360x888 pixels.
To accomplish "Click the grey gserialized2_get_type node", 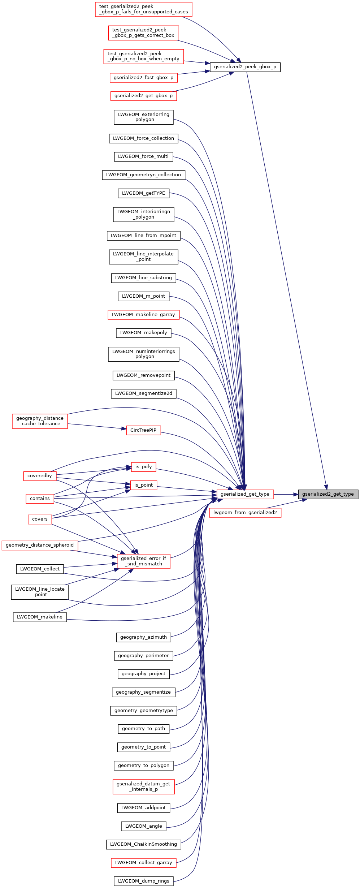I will point(328,494).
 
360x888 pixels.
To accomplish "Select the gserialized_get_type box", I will point(245,494).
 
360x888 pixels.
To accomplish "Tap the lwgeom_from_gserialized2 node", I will point(245,513).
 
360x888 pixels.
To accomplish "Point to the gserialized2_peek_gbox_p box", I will point(245,67).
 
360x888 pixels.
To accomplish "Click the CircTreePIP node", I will point(143,430).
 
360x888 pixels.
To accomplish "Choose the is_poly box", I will point(143,467).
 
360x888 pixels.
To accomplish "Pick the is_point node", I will point(143,485).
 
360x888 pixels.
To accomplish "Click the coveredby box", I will point(40,476).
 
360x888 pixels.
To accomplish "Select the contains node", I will point(40,499).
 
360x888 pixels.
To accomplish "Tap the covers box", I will point(40,519).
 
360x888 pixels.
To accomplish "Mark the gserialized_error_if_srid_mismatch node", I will point(143,561).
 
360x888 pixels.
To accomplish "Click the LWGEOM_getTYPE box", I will point(143,193).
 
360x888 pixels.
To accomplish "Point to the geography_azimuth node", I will point(143,637).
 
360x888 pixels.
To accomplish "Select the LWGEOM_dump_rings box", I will point(143,881).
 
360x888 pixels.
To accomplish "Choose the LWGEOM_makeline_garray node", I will point(143,315).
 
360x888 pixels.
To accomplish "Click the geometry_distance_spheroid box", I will point(40,545).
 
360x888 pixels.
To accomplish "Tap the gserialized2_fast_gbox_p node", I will point(143,78).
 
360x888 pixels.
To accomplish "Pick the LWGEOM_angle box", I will point(143,826).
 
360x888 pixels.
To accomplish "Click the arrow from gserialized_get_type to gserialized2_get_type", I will point(286,494).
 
